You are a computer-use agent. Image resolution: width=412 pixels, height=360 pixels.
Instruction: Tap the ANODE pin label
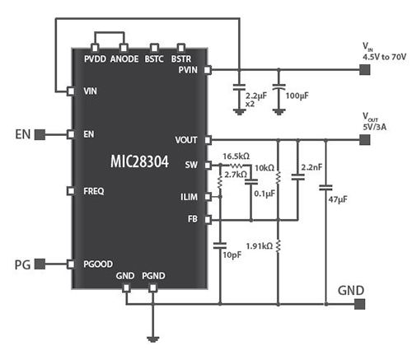pos(124,59)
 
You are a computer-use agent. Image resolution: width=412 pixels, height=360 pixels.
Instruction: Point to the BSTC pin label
pos(153,59)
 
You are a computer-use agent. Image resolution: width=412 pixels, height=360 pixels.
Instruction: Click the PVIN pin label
pos(188,71)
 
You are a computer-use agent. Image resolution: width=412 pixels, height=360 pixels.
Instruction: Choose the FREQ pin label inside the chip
pos(95,190)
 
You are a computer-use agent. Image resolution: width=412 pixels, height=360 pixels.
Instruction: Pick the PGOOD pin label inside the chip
pos(100,264)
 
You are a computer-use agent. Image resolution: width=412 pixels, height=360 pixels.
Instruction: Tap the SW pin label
pos(193,165)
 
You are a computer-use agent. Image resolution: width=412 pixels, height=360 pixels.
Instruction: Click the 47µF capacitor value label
pos(339,200)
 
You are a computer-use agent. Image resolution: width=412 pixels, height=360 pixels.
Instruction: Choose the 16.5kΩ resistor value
pos(236,156)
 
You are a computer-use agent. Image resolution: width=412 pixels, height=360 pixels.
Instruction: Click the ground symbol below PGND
pos(152,338)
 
